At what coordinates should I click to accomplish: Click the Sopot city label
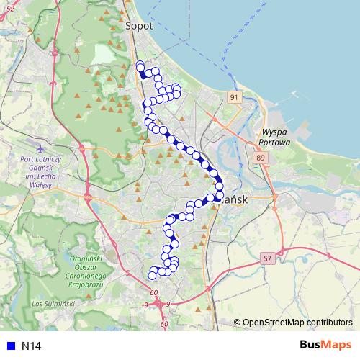coord(138,25)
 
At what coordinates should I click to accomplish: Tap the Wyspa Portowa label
coord(275,138)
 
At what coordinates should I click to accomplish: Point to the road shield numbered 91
coord(234,96)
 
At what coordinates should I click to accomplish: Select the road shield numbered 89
coord(260,158)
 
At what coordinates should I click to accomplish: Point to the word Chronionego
coord(84,275)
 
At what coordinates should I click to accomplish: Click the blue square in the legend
coord(9,346)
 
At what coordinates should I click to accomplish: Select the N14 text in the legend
coord(31,346)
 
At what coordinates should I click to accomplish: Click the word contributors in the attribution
coord(330,323)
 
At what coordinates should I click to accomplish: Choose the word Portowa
coord(275,143)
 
